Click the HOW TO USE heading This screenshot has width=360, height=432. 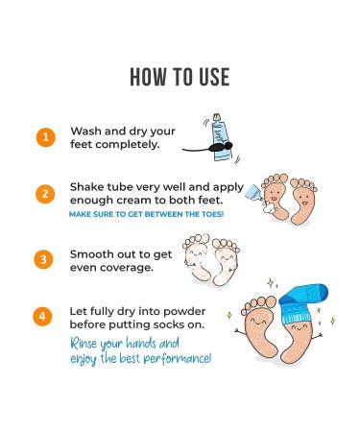click(180, 76)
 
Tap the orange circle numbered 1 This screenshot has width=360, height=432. click(43, 136)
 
